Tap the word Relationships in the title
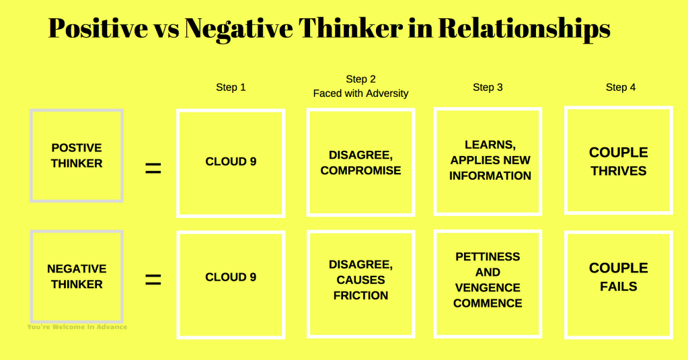(x=524, y=29)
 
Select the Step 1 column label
(x=231, y=87)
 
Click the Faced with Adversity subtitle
(x=360, y=94)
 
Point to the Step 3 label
(x=488, y=87)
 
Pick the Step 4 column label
(x=620, y=87)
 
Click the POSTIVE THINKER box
(x=77, y=155)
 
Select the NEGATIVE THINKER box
(x=77, y=277)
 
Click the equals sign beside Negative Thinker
(x=153, y=279)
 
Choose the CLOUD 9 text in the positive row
(x=231, y=161)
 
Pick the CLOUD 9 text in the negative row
(x=231, y=277)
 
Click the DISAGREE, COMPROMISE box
(x=360, y=162)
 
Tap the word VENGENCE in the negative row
(x=488, y=287)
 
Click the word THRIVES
(x=618, y=171)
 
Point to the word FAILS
(x=618, y=287)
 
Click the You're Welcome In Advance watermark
(x=77, y=327)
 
